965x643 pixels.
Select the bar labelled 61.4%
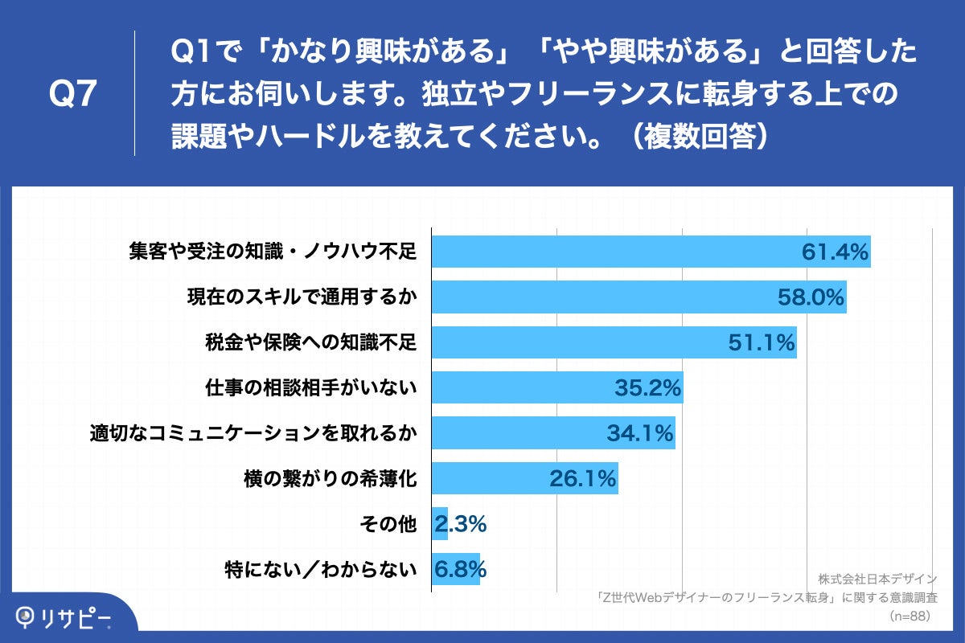tap(611, 252)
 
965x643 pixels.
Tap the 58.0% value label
tap(811, 298)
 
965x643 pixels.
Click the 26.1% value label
tap(583, 479)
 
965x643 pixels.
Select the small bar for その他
tap(439, 524)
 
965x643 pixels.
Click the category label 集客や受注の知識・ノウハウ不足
tap(273, 252)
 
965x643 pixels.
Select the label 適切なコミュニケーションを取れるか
tap(253, 434)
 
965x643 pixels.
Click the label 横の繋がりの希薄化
tap(330, 479)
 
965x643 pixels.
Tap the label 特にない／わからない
tap(321, 570)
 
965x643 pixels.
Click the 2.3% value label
tap(460, 524)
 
